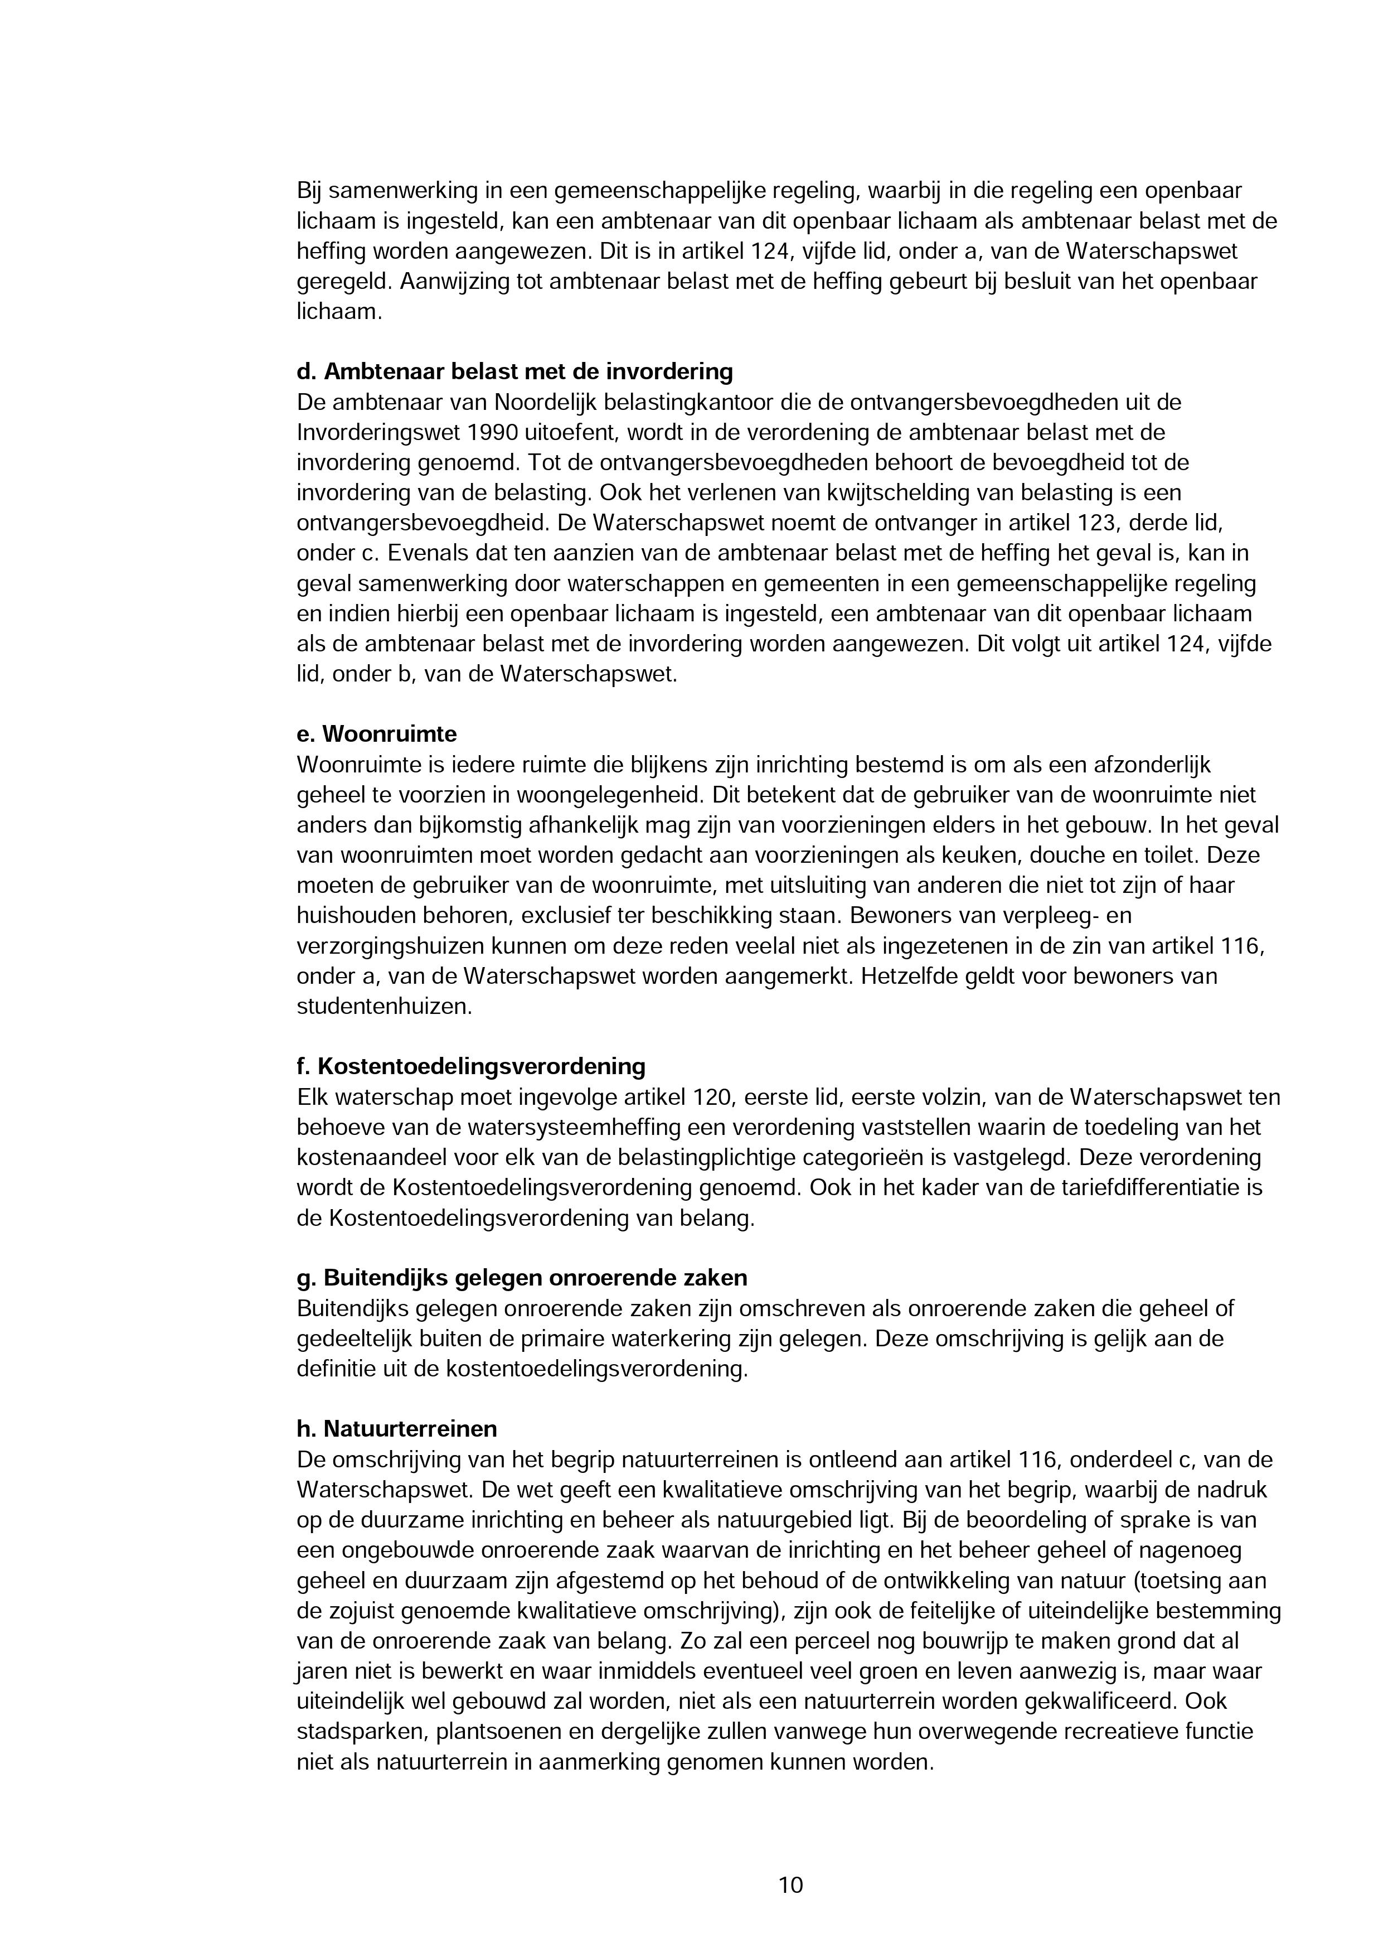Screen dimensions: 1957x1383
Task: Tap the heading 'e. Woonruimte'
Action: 377,734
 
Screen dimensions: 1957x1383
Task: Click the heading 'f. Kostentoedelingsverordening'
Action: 470,1066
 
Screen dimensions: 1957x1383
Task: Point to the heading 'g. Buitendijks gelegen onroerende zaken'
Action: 522,1278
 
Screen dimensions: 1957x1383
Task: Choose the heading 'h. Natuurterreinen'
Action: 396,1428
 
